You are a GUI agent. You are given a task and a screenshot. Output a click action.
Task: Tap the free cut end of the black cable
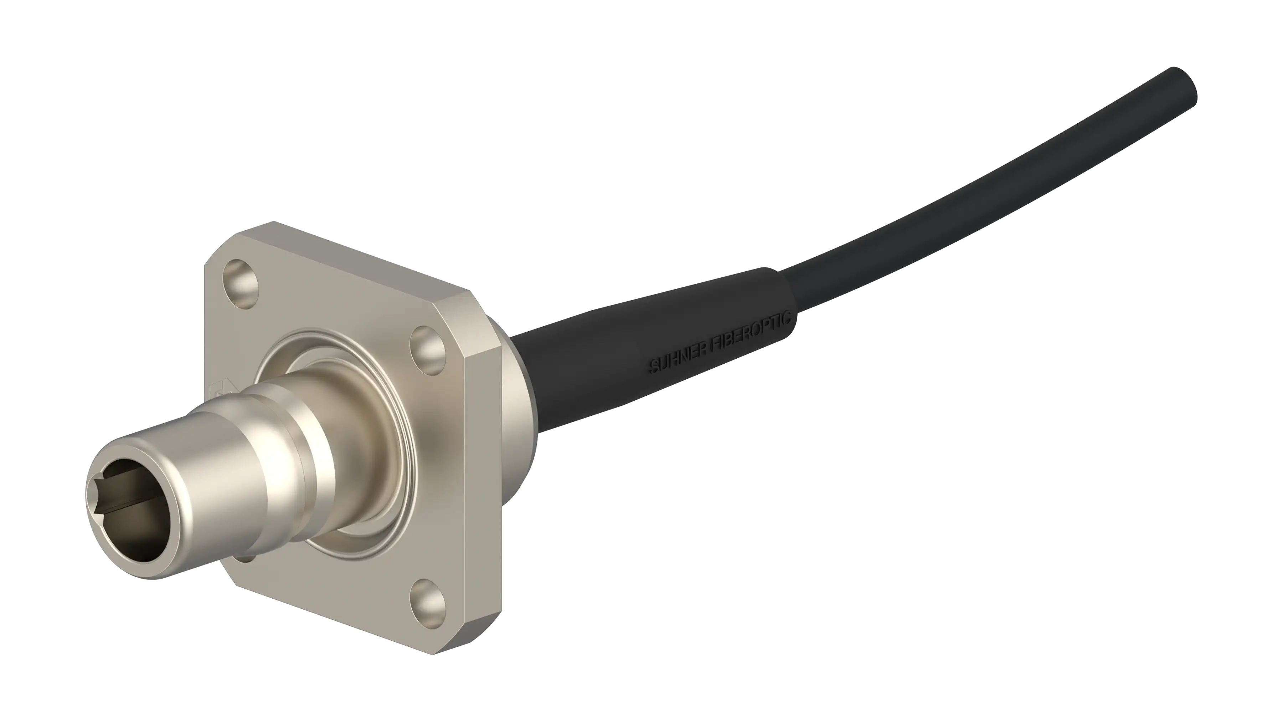(1183, 93)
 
